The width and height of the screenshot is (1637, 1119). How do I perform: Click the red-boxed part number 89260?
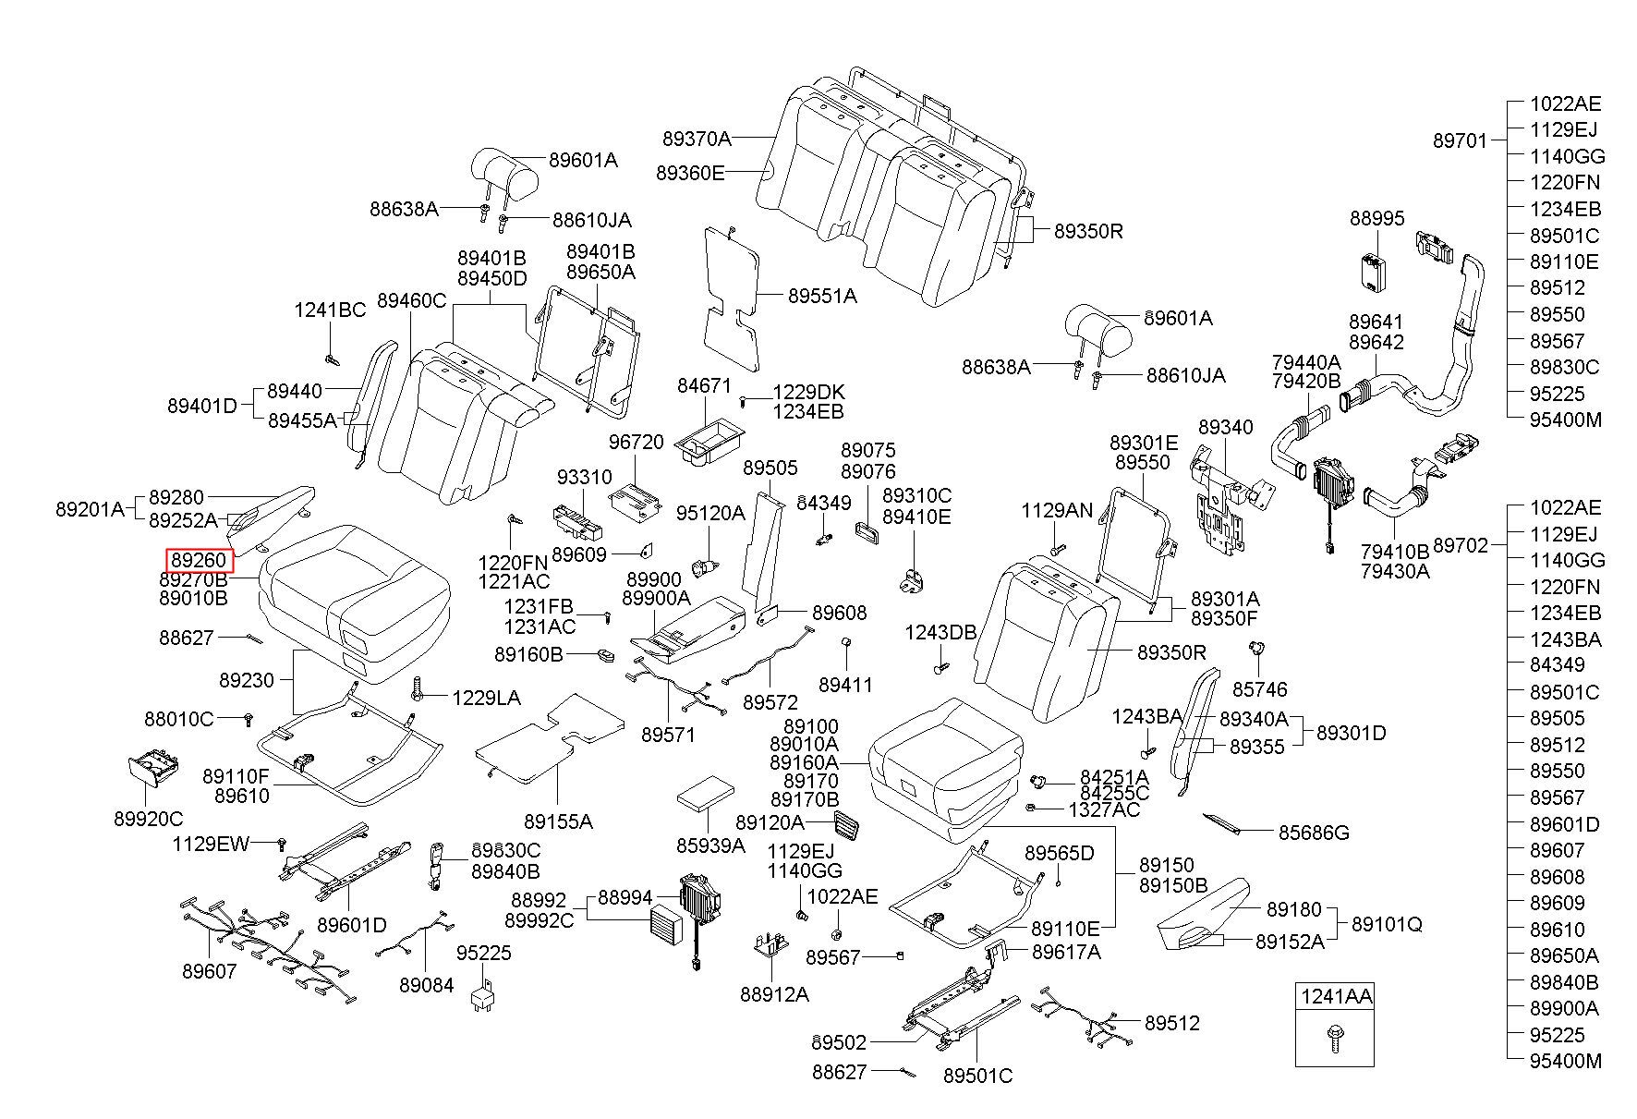coord(199,560)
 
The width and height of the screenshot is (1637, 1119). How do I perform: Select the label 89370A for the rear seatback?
coord(696,139)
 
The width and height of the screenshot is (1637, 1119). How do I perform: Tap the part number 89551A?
coord(822,297)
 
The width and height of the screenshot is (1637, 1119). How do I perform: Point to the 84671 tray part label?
coord(704,385)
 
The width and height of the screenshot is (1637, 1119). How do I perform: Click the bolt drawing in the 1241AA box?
coord(1333,1036)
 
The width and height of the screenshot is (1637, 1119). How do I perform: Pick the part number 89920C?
coord(149,819)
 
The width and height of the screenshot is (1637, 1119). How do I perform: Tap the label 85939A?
coord(710,845)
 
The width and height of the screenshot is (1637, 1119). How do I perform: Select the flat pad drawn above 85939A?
coord(707,793)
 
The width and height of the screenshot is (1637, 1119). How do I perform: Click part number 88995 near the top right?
coord(1376,218)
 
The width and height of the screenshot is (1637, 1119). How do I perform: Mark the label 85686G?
coord(1314,833)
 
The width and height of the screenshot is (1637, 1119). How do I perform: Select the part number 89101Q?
coord(1387,924)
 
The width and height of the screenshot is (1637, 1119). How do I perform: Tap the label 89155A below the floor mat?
coord(558,821)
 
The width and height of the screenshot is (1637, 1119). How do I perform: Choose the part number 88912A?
coord(774,994)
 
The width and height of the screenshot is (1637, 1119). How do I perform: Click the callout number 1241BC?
coord(330,310)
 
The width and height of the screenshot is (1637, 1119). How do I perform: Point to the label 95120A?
coord(709,513)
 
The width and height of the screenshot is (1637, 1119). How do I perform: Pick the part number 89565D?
coord(1059,853)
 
